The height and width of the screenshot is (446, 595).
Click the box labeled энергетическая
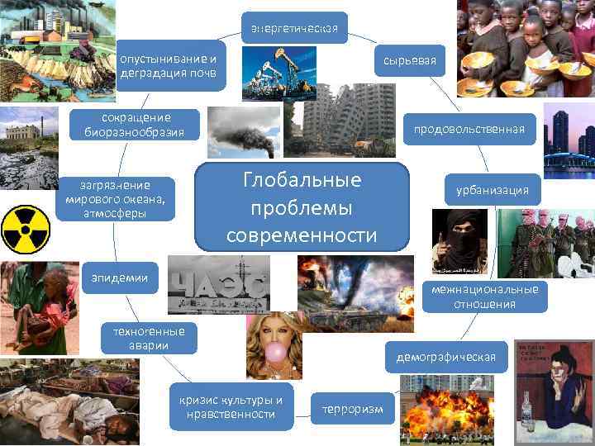294,31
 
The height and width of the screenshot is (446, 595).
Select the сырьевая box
410,60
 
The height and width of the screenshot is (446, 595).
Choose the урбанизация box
492,190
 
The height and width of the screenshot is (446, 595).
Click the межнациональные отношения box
484,297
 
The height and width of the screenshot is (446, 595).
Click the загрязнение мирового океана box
116,198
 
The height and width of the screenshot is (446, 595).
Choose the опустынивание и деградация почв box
171,65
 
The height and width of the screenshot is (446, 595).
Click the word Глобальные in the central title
302,181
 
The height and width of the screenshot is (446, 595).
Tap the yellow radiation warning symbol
26,229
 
